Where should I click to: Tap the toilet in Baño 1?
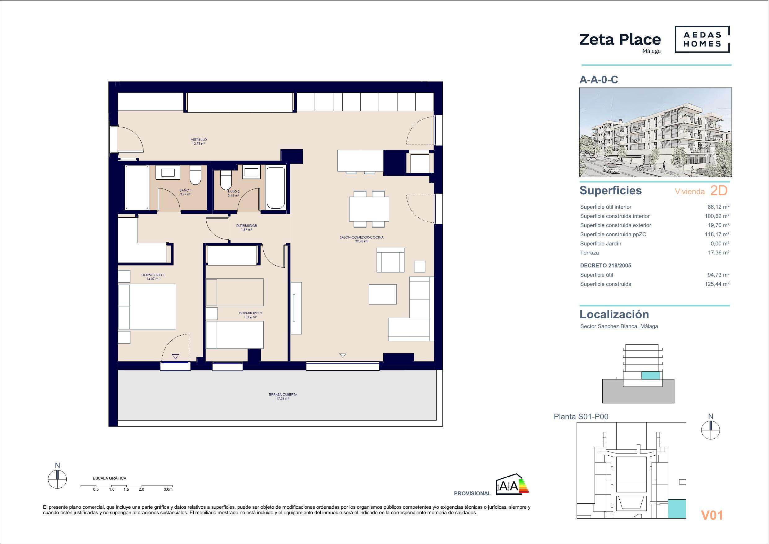pos(195,175)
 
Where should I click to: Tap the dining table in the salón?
pos(369,209)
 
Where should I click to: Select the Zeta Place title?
pos(620,40)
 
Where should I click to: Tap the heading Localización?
pos(614,314)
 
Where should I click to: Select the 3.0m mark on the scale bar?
pos(168,489)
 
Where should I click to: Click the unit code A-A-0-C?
pos(599,80)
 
